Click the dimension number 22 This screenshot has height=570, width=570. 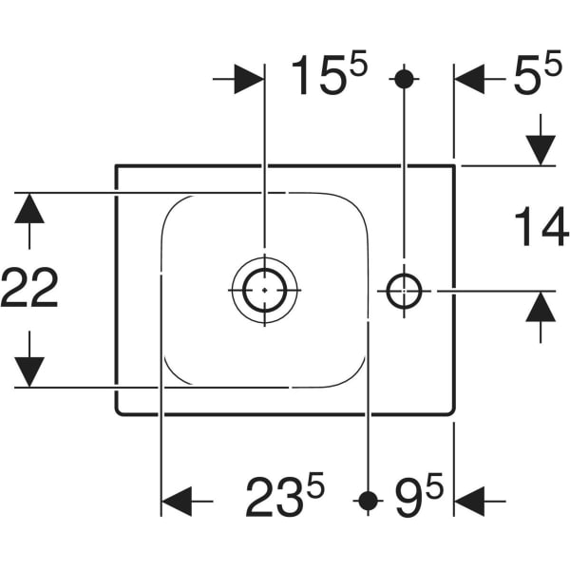[x=29, y=288]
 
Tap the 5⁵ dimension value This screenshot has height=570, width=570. [x=537, y=78]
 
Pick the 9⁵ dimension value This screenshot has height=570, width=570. [x=419, y=497]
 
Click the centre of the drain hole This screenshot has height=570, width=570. [x=264, y=289]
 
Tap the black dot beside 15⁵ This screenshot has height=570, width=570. [x=404, y=79]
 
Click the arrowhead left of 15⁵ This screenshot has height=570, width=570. [x=249, y=80]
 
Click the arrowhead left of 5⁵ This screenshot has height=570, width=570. [x=469, y=80]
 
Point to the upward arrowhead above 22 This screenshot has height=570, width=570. [x=29, y=208]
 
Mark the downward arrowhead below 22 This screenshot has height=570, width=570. [x=29, y=371]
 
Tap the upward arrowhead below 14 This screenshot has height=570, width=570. [x=541, y=305]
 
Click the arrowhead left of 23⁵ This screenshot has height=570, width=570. [x=177, y=499]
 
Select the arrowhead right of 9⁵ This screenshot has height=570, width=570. [x=469, y=499]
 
